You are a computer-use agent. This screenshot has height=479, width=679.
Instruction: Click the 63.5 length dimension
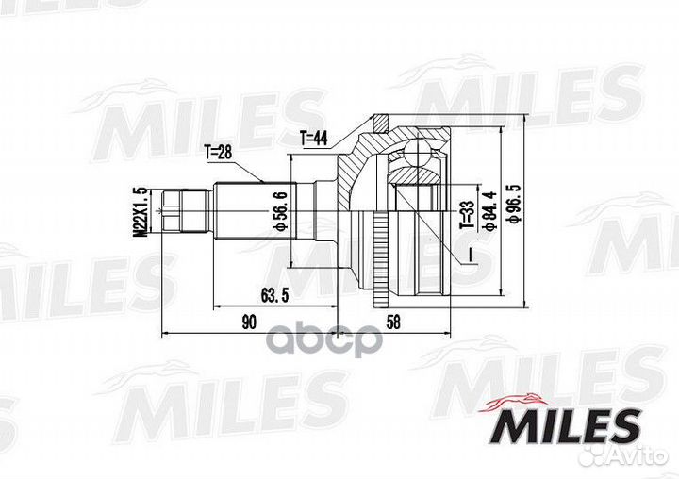tap(275, 296)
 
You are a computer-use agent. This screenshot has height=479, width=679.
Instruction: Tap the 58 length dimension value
tap(392, 322)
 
